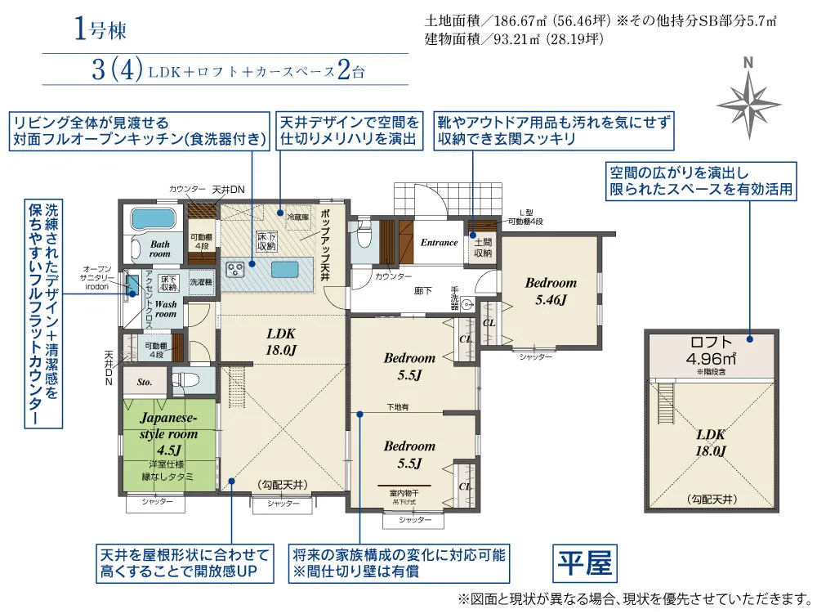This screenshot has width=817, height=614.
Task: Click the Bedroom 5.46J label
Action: point(551,291)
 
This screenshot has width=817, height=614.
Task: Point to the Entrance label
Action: point(439,242)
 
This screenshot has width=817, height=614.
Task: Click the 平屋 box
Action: point(583,563)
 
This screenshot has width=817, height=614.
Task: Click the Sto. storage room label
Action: point(145,380)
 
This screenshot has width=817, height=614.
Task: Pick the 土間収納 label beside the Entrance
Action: point(482,248)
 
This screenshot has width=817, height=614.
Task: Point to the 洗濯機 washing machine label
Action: point(200,281)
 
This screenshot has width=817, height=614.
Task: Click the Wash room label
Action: point(166,307)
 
